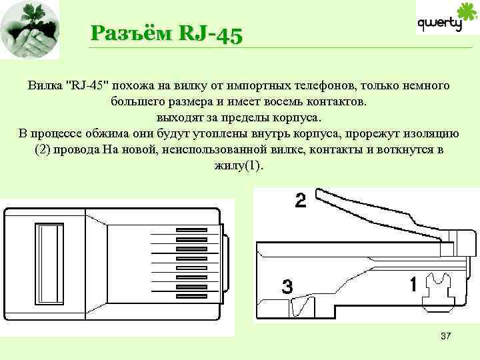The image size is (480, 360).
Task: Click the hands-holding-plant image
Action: [x=30, y=30]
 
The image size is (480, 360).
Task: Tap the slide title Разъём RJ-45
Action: [x=167, y=34]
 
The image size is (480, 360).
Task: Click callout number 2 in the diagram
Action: [x=301, y=201]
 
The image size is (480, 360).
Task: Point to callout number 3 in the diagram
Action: [x=287, y=287]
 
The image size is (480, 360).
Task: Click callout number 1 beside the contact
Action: [x=413, y=285]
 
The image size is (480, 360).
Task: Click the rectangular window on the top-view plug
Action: [x=51, y=259]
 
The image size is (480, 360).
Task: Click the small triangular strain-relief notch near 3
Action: [x=307, y=308]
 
